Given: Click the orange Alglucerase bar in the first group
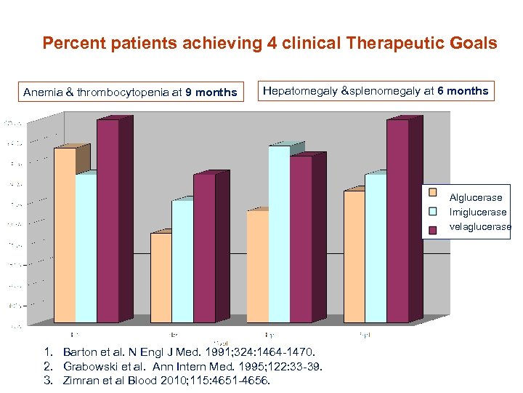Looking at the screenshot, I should click(65, 233).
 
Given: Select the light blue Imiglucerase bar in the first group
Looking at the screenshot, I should click(86, 247).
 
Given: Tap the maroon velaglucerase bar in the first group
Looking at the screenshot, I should click(108, 218).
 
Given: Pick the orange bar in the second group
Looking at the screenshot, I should click(161, 277).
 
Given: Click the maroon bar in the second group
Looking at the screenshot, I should click(204, 247).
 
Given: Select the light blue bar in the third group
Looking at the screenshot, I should click(279, 233).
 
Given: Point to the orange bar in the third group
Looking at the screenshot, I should click(257, 266).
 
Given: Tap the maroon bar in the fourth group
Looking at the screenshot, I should click(397, 218).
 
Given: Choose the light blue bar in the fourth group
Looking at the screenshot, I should click(376, 247).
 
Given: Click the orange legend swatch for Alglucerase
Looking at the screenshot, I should click(433, 193).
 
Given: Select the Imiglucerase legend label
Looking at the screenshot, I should click(478, 213).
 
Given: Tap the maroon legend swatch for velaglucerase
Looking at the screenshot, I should click(433, 230).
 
